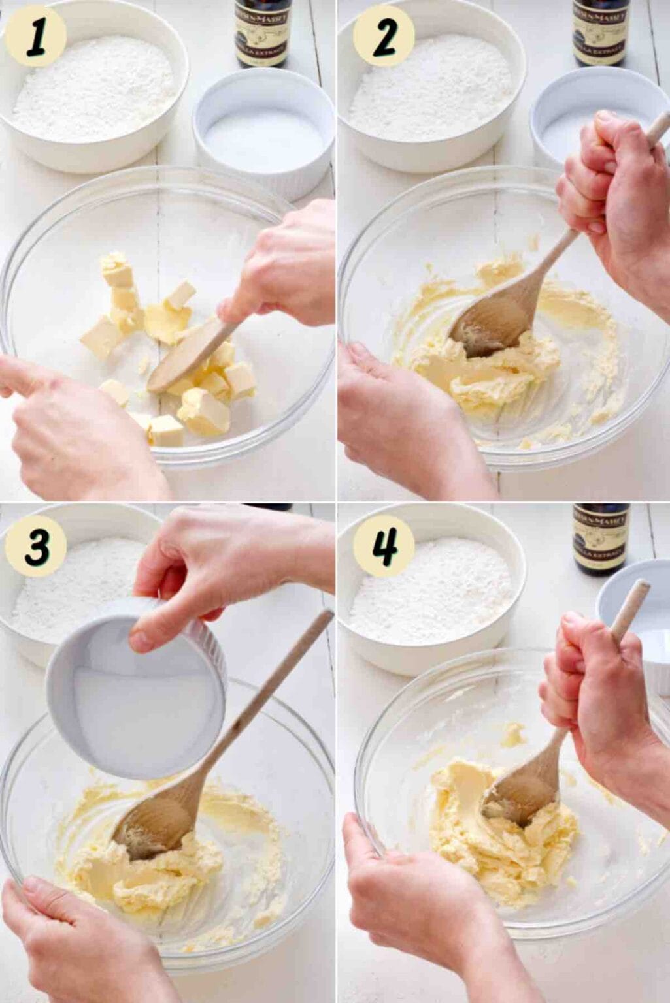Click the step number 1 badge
[x=35, y=36]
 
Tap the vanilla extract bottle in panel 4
[x=600, y=538]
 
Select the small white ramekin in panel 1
[x=263, y=131]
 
